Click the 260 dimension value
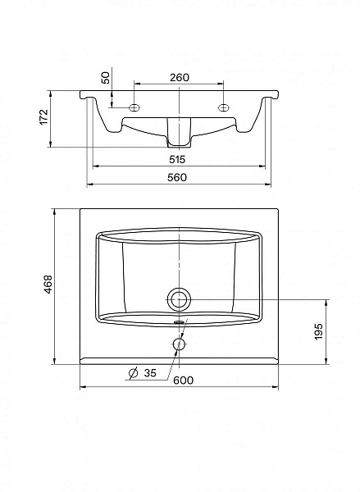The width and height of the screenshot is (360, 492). pyautogui.click(x=180, y=78)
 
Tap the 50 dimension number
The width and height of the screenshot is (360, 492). pyautogui.click(x=107, y=78)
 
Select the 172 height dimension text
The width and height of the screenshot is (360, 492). pyautogui.click(x=43, y=117)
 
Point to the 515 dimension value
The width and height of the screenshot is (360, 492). pyautogui.click(x=177, y=159)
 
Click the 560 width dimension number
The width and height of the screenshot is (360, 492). pyautogui.click(x=177, y=178)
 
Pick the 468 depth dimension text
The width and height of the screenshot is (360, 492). pyautogui.click(x=48, y=285)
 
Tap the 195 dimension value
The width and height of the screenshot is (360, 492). pyautogui.click(x=318, y=331)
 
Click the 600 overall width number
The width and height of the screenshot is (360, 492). pyautogui.click(x=184, y=380)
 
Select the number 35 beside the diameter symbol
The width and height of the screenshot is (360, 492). pyautogui.click(x=150, y=373)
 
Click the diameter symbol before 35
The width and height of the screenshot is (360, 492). pyautogui.click(x=134, y=373)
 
